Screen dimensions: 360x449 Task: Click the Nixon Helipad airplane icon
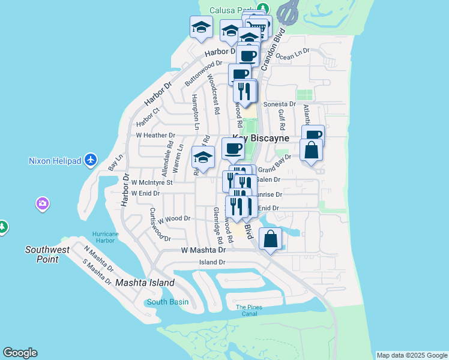[x=90, y=160]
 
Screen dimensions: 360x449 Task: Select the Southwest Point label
[x=47, y=254]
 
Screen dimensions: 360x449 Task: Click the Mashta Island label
[x=145, y=283]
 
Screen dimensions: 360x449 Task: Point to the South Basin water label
[x=167, y=302]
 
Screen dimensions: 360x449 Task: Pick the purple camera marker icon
[x=42, y=203]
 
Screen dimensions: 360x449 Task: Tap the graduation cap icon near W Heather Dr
[x=203, y=157]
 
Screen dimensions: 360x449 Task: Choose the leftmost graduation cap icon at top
[x=202, y=26]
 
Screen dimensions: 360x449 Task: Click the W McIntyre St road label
[x=152, y=182]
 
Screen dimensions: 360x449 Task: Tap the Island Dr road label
[x=212, y=262]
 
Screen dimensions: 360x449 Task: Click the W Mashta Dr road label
[x=203, y=250]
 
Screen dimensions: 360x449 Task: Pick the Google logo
[x=20, y=353]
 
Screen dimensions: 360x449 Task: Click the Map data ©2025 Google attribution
[x=412, y=355]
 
